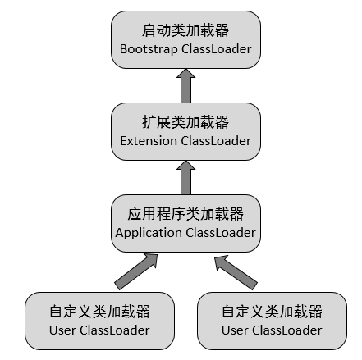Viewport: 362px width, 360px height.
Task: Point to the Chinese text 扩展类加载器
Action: tap(186, 122)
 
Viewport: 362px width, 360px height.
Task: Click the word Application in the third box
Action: tap(149, 232)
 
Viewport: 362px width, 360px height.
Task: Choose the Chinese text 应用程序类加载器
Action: tap(186, 214)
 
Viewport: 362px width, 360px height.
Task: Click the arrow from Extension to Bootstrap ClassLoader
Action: tap(186, 85)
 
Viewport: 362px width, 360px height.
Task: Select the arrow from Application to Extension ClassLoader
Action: tap(186, 176)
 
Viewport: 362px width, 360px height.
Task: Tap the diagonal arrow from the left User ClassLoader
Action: tap(136, 271)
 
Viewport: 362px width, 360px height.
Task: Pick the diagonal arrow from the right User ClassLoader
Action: tap(236, 271)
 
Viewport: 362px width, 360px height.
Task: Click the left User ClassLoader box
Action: tap(99, 321)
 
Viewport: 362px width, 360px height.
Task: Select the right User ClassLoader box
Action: tap(272, 321)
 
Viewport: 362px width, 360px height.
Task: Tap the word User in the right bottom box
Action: tap(236, 330)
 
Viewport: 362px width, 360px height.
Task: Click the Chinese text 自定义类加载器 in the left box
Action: tap(99, 312)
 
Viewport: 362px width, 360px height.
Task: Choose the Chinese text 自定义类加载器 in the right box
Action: tap(272, 312)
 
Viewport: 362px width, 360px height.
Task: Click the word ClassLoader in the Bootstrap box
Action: tap(218, 49)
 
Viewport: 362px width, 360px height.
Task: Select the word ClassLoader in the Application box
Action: tap(221, 232)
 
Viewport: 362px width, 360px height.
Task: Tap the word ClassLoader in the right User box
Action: tap(287, 330)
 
